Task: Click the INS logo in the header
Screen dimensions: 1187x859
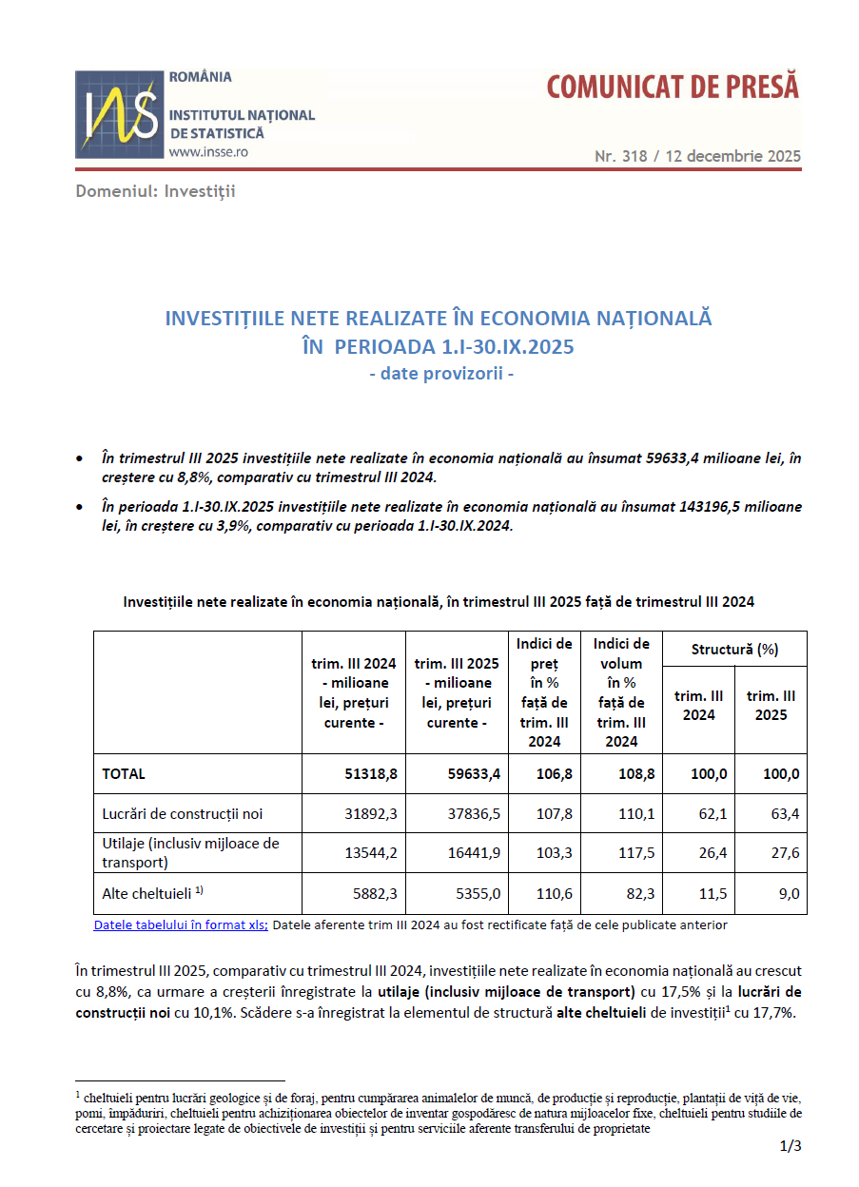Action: tap(119, 114)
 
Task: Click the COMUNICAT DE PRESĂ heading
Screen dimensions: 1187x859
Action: tap(673, 88)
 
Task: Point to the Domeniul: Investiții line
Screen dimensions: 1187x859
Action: tap(156, 191)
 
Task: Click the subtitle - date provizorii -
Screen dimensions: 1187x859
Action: tap(441, 374)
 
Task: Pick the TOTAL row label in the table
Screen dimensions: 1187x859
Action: tap(124, 774)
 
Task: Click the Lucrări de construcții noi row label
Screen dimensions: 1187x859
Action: tap(183, 814)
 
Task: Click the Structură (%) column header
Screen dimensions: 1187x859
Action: tap(734, 650)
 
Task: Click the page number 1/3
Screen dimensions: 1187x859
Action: tap(791, 1147)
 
